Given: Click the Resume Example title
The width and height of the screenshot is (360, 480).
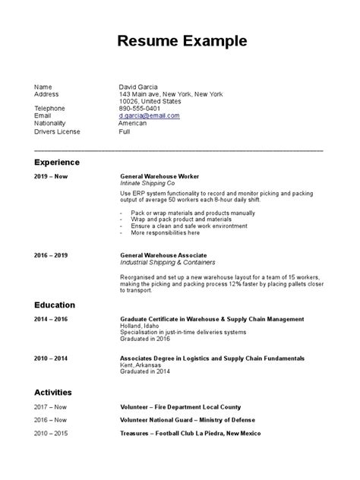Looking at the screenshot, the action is coord(182,39).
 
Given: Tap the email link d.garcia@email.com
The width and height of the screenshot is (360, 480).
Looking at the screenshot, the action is coord(150,115).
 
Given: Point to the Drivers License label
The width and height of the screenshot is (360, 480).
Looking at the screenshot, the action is coord(57,131).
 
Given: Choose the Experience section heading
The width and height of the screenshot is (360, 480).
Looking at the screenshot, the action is coord(57,163).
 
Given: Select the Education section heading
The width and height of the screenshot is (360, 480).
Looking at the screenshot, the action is coord(54,305).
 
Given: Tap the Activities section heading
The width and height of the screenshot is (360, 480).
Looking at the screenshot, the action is coord(53,392).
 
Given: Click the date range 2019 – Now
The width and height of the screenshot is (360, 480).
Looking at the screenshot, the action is coord(50,176).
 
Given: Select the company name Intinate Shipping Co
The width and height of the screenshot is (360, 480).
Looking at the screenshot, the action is coord(147,184).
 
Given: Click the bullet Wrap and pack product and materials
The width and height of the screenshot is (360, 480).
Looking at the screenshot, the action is coord(174,219).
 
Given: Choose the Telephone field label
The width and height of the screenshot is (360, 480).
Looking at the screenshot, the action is coord(50,109).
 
